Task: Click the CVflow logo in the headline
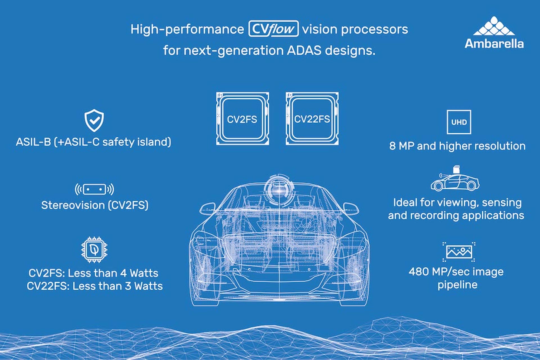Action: click(x=273, y=29)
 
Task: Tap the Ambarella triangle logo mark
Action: click(x=494, y=26)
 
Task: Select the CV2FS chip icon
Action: click(x=242, y=118)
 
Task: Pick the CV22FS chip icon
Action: click(x=312, y=118)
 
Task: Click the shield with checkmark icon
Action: click(x=94, y=120)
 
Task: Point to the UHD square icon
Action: click(x=459, y=122)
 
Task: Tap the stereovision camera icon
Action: click(x=94, y=189)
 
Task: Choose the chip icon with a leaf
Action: click(x=94, y=249)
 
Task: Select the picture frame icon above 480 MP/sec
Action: click(x=459, y=252)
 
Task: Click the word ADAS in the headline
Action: click(x=304, y=50)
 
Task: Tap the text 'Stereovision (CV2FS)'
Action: click(x=95, y=205)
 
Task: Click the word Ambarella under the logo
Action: click(x=494, y=44)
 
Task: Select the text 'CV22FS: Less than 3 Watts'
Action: click(x=95, y=286)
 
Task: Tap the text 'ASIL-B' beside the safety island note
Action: click(x=33, y=142)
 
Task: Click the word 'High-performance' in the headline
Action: click(x=187, y=30)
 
